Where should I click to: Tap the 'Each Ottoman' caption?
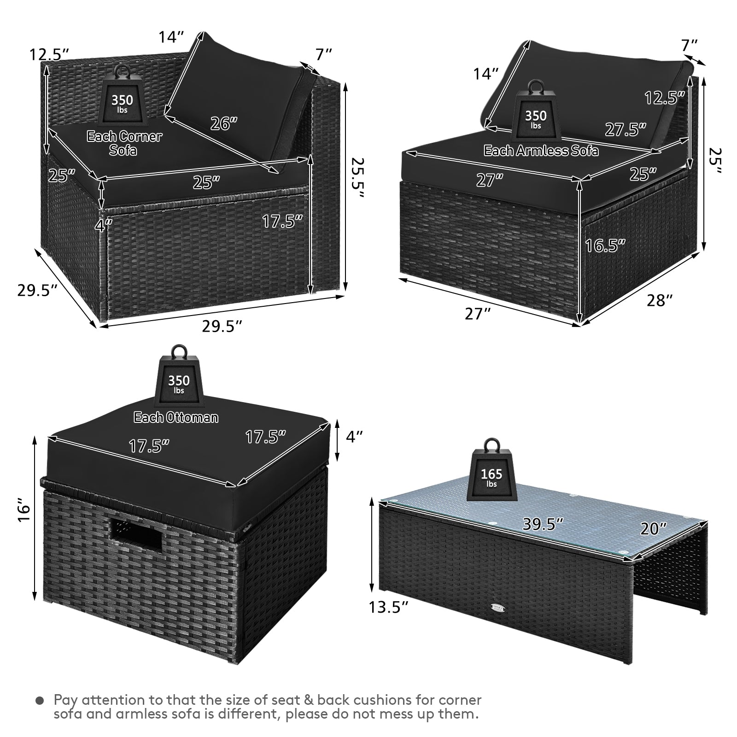(176, 417)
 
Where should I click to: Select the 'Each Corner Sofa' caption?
(124, 143)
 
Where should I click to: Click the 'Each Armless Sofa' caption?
(541, 151)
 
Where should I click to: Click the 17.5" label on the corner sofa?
(282, 221)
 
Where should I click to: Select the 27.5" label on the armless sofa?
(625, 129)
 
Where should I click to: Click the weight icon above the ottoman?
(179, 377)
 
